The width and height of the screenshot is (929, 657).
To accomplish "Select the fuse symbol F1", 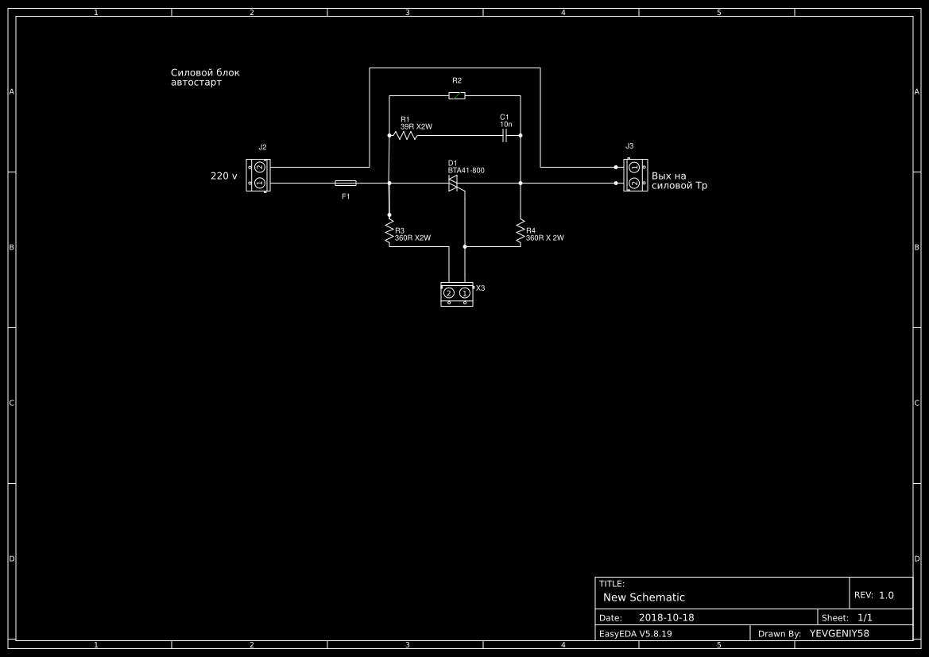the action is click(346, 183).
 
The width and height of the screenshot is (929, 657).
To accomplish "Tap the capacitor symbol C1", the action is click(505, 136).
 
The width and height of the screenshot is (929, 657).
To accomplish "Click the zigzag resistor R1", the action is click(405, 136).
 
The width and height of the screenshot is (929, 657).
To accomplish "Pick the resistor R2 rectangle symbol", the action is click(457, 95).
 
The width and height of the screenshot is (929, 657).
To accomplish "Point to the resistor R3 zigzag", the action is click(389, 231).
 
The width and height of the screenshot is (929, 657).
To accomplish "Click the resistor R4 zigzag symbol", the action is click(521, 231).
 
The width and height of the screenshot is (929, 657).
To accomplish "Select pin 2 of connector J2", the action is click(259, 168).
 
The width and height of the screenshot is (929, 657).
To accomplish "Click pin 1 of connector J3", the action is click(633, 168).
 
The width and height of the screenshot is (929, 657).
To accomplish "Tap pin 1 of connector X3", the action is click(464, 293).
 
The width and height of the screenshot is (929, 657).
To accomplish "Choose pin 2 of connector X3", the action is click(449, 293).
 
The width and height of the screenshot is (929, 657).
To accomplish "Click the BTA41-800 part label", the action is click(466, 171).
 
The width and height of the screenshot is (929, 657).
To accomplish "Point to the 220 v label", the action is click(224, 176).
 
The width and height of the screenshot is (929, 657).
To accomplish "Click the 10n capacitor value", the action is click(506, 125).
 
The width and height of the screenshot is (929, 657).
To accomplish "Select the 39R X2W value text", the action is click(416, 127).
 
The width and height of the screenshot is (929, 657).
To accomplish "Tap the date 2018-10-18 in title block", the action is click(667, 617).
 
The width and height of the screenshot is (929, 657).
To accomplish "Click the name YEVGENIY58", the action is click(839, 633).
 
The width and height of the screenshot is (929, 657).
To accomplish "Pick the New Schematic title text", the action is click(644, 597).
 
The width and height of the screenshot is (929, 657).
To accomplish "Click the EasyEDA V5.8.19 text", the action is click(636, 633).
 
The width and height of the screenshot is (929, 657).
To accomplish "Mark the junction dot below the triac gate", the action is click(464, 246).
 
